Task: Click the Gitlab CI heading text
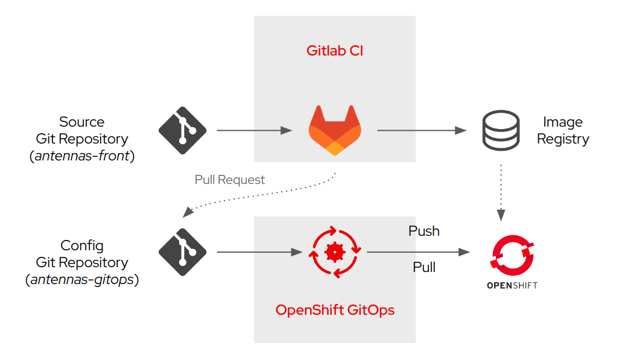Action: (334, 51)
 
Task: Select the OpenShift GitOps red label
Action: (335, 310)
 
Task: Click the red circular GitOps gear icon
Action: (335, 251)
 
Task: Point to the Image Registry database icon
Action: (501, 130)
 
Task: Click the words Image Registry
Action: (562, 130)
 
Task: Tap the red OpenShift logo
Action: (512, 254)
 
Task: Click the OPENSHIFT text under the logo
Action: (512, 285)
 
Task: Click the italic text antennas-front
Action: (82, 156)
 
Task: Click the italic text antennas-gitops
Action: (82, 280)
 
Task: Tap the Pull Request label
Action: (229, 180)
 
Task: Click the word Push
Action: (424, 231)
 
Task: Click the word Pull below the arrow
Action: (424, 267)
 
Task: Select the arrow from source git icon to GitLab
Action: (253, 130)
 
